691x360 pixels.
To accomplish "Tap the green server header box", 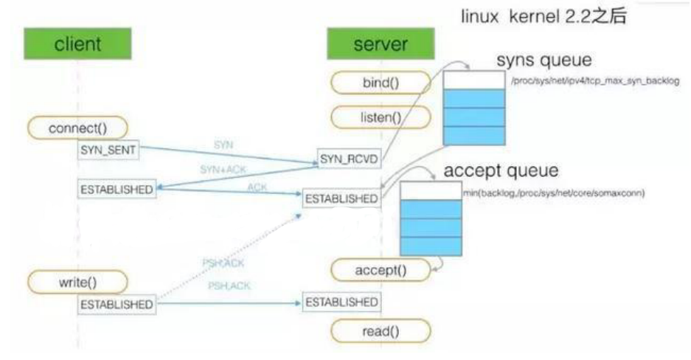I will coord(379,44).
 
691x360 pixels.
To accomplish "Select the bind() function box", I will coord(381,81).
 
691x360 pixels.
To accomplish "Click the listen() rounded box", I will coord(381,116).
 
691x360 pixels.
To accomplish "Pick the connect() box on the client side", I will coord(77,128).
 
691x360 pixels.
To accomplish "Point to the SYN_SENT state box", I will coord(108,150).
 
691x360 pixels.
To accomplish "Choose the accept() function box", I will coord(381,270).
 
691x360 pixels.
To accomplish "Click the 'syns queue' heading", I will coord(544,59).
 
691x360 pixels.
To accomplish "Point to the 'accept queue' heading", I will coord(501,171).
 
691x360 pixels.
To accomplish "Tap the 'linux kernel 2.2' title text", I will coord(544,16).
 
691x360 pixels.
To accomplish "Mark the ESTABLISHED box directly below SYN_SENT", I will coord(117,189).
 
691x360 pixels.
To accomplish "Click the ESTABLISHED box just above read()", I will coord(341,302).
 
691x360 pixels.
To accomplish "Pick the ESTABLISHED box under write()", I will coord(117,304).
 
